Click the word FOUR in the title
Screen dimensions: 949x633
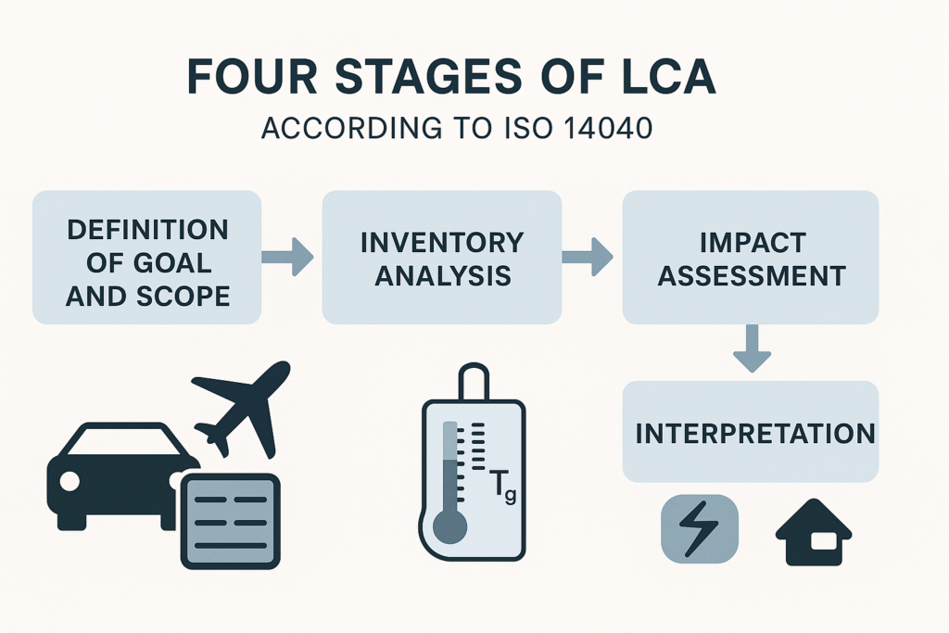[252, 76]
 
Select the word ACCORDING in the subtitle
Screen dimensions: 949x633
[351, 128]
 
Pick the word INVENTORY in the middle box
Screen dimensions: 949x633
[442, 243]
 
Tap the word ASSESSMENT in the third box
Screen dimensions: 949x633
[751, 276]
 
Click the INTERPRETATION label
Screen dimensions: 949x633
[754, 434]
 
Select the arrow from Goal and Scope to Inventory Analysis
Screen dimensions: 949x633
[287, 258]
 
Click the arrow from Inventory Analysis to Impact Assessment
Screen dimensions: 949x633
[587, 258]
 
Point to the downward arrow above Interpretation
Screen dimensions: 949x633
[752, 348]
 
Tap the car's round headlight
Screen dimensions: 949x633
[69, 481]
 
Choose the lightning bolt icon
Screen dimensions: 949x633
[700, 528]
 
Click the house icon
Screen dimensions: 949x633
[814, 533]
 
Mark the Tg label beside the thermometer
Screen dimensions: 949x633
[502, 487]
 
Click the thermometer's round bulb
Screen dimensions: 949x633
[449, 525]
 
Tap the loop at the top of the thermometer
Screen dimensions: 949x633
[474, 380]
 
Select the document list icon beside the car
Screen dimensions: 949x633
[231, 521]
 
